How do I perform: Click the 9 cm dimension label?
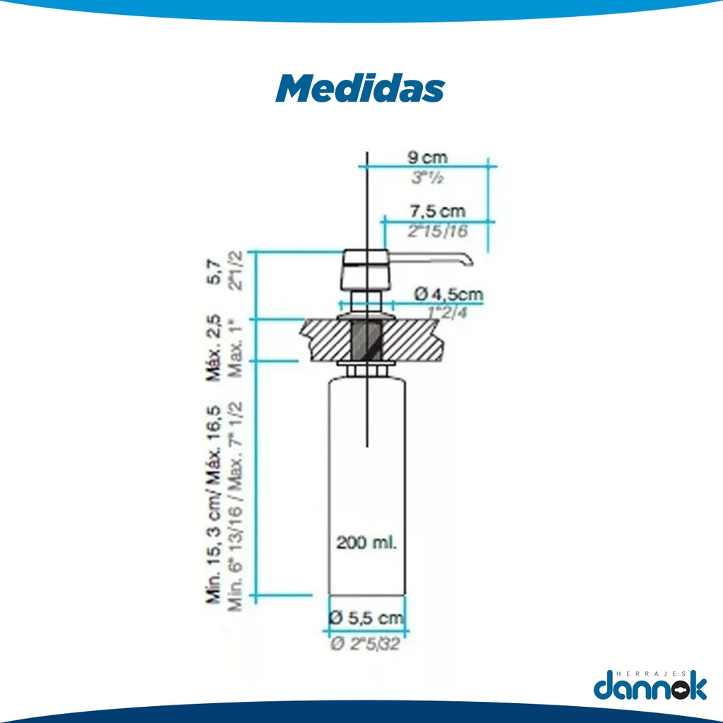428,157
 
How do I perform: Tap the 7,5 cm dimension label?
437,211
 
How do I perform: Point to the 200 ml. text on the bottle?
366,543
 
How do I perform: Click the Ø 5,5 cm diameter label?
366,619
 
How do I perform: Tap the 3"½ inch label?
428,179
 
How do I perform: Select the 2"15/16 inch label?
437,231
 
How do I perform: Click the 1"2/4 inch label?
448,311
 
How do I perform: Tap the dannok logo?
650,686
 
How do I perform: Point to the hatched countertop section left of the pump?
325,339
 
